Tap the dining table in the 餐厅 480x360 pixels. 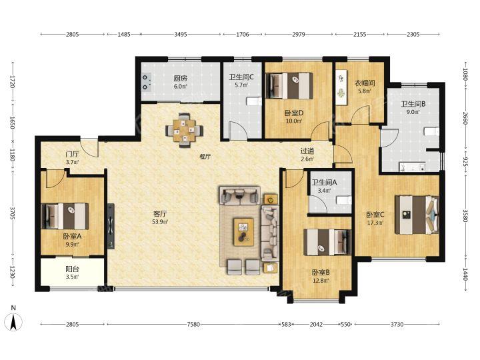[184, 131]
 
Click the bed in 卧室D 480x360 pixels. [289, 85]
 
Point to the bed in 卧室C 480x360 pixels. [417, 215]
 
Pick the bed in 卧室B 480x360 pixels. [327, 242]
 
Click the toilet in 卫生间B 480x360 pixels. [431, 132]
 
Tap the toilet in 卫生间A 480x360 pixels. [344, 201]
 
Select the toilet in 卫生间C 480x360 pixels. [255, 101]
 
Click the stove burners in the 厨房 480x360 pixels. [147, 82]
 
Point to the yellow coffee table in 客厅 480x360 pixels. [244, 232]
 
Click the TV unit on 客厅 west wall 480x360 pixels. [111, 226]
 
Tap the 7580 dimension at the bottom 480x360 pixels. [193, 324]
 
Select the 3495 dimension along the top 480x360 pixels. [181, 34]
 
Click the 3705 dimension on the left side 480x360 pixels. [13, 213]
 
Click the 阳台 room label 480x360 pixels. [73, 269]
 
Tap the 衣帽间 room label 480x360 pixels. [365, 83]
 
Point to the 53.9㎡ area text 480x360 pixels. [160, 221]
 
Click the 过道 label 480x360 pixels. [307, 151]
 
